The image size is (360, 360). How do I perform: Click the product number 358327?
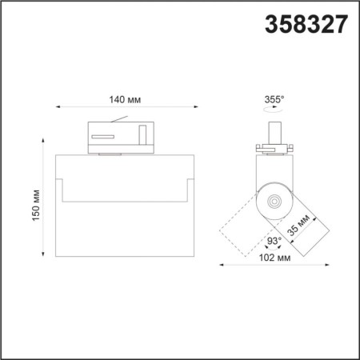(307, 25)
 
